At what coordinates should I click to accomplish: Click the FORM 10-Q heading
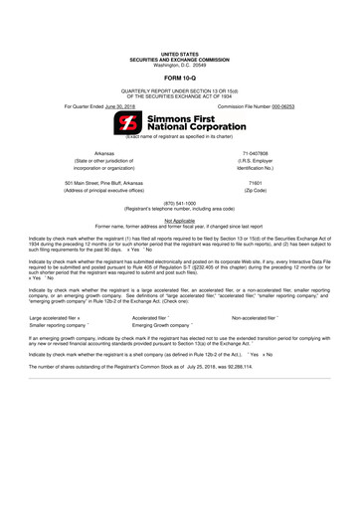[x=180, y=75]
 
